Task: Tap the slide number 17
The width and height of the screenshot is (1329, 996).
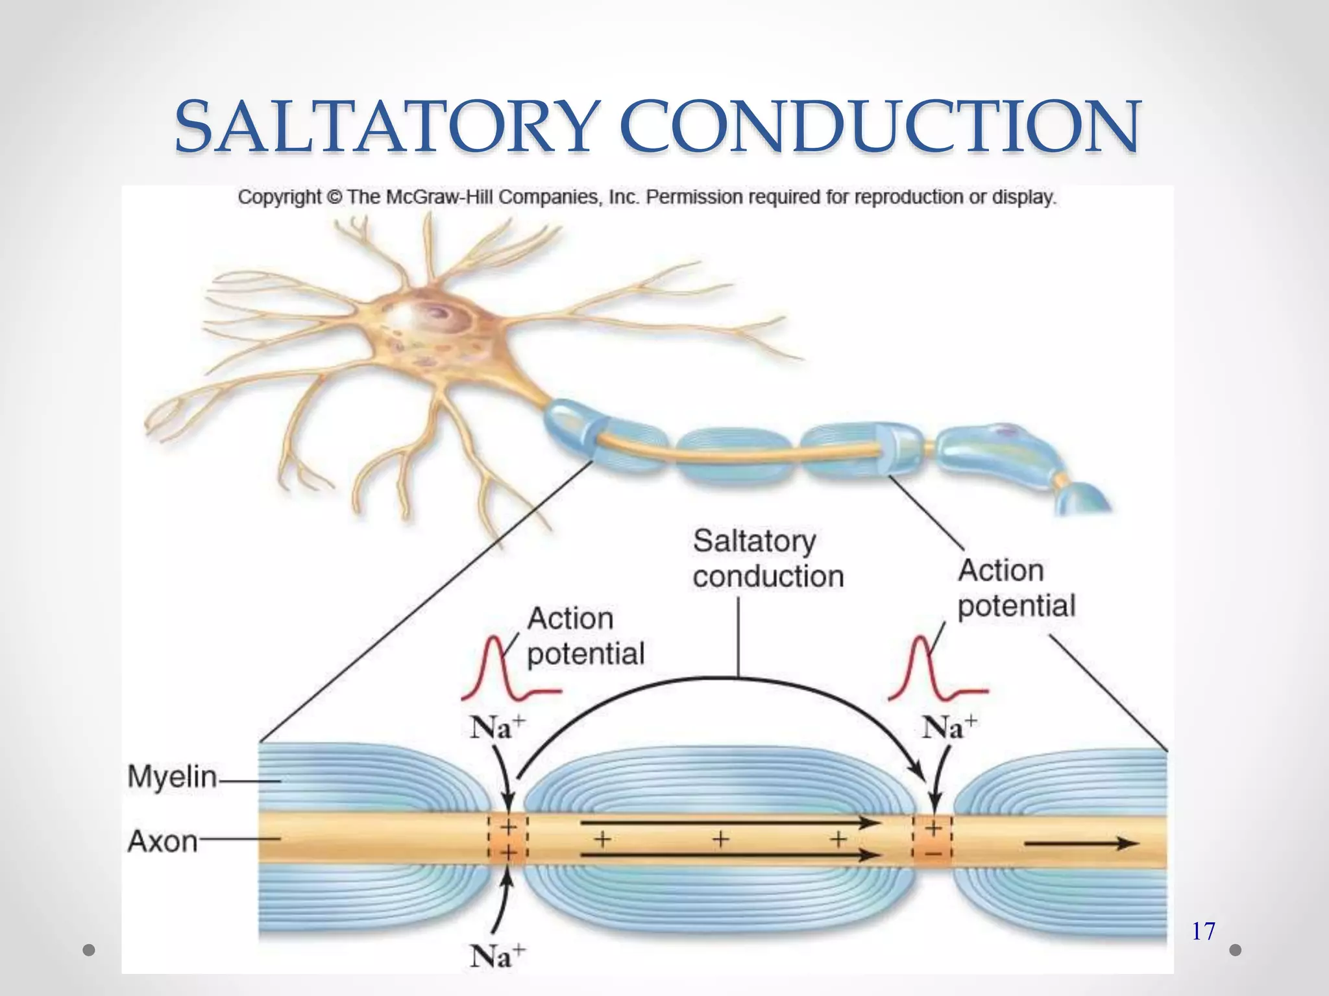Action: tap(1203, 932)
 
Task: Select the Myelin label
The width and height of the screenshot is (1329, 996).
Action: tap(172, 776)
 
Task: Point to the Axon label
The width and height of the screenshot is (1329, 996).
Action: tap(163, 841)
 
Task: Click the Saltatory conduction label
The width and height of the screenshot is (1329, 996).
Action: tap(768, 558)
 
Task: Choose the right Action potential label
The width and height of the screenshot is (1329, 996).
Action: tap(1016, 588)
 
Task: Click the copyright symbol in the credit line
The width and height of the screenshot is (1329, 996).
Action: tap(334, 197)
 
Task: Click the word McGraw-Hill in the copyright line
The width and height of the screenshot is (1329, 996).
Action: tap(440, 197)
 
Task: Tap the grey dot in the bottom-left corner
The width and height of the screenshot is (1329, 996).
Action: tap(90, 950)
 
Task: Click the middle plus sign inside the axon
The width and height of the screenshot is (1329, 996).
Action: tap(720, 840)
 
